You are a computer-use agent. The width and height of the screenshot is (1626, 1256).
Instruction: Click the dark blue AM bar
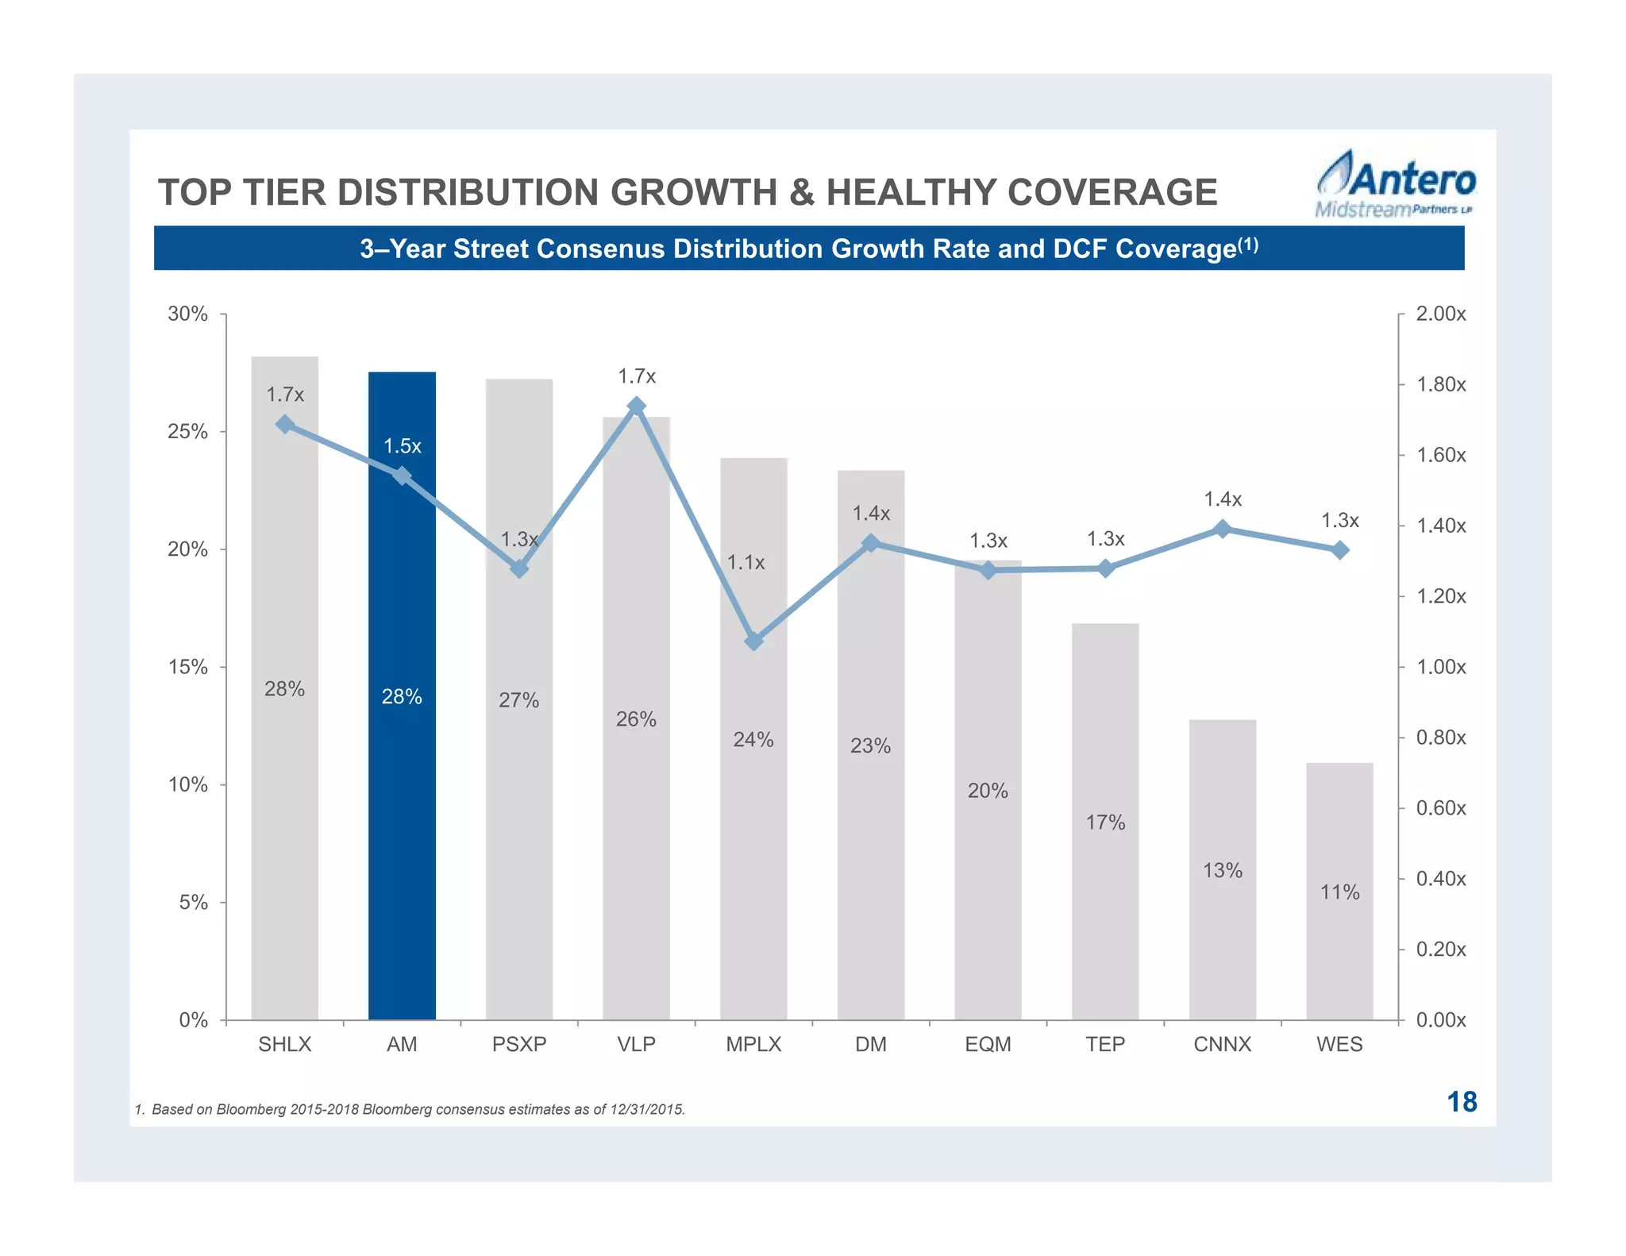point(402,794)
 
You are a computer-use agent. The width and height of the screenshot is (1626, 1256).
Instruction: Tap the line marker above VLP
point(636,406)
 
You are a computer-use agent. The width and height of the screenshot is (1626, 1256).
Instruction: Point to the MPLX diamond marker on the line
point(754,641)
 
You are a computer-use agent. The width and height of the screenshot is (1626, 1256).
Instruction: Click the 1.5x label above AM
point(403,446)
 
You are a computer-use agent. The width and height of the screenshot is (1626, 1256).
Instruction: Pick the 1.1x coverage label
point(746,563)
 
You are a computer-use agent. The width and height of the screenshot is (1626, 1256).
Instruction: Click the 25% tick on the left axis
point(187,432)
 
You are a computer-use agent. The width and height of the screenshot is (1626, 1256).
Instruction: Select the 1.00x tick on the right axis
point(1441,667)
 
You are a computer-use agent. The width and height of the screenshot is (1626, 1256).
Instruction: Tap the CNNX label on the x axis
point(1222,1044)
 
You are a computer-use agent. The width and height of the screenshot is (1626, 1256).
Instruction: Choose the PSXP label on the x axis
point(519,1044)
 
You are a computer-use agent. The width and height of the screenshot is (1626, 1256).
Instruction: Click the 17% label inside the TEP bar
point(1105,823)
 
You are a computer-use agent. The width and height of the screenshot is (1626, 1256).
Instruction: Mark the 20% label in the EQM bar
point(988,791)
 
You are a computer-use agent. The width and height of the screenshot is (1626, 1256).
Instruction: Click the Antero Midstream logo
point(1395,184)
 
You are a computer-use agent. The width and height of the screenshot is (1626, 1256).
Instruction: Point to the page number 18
point(1461,1102)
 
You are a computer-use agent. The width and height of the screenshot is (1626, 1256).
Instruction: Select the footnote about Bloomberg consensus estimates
point(410,1109)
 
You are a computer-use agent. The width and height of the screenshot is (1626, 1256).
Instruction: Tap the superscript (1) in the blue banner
point(1248,245)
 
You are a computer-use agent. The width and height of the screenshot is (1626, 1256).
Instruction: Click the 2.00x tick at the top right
point(1441,314)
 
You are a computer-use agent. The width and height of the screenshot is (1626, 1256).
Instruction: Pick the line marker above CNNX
point(1223,529)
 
